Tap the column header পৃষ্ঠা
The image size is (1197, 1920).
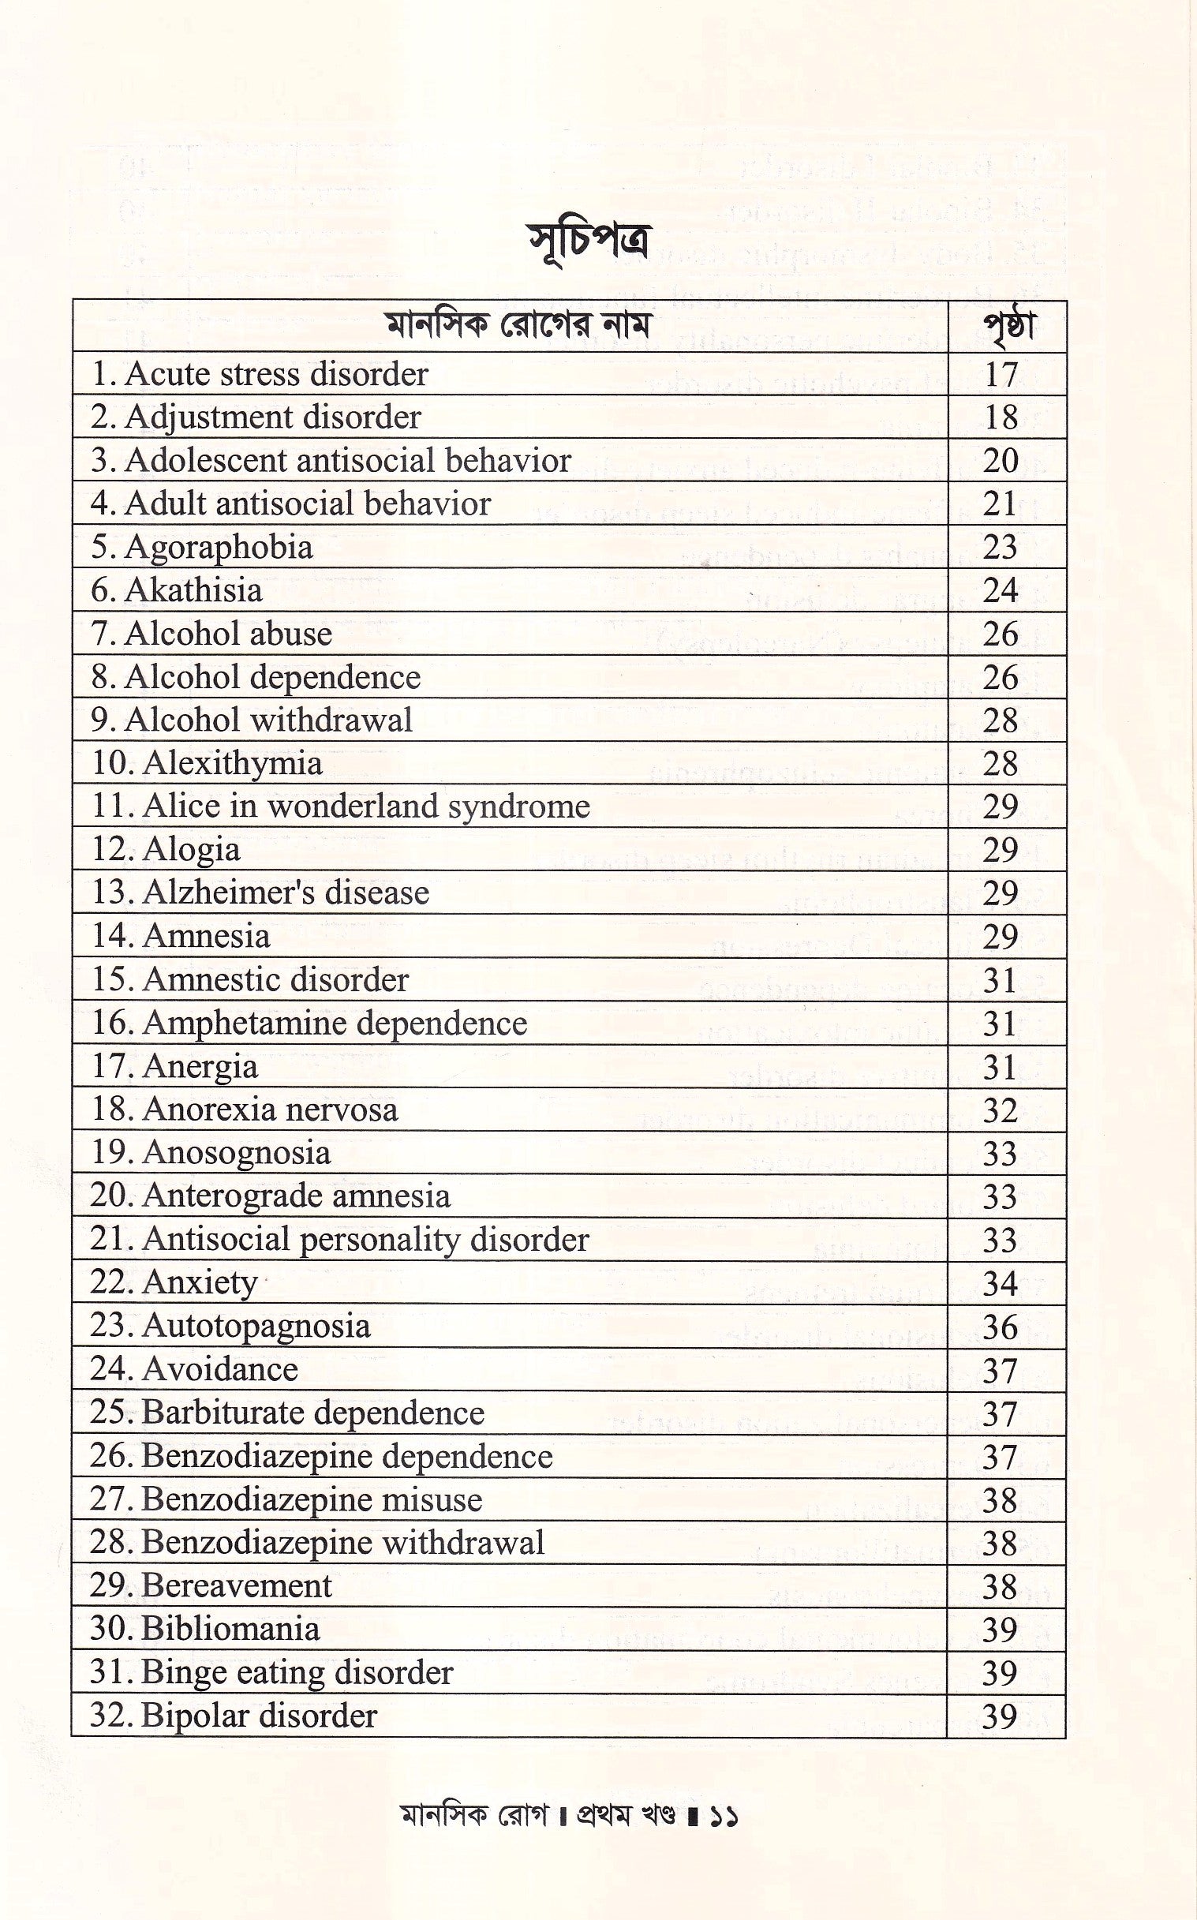(1007, 327)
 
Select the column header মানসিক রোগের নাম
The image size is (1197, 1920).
(520, 326)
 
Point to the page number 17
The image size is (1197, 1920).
(1001, 375)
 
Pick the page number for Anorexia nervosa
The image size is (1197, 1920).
(1000, 1110)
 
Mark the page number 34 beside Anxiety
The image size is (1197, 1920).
(1000, 1283)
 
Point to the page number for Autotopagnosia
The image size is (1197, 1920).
(1000, 1327)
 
